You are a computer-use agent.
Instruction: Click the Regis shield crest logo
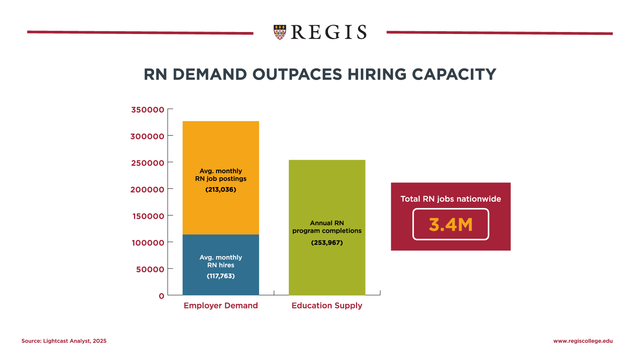click(280, 32)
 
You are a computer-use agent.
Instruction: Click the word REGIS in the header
click(328, 32)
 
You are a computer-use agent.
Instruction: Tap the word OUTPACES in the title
click(297, 74)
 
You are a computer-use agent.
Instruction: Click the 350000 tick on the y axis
click(148, 110)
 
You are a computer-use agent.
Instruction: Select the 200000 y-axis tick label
click(147, 190)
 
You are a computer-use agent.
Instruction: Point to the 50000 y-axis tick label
click(150, 270)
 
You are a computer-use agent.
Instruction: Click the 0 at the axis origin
click(162, 296)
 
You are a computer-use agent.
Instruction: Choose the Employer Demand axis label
click(221, 306)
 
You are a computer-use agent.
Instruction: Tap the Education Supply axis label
click(327, 306)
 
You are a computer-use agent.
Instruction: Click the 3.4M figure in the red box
click(450, 224)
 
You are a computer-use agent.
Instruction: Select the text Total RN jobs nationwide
click(450, 199)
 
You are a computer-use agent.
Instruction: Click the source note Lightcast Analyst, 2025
click(64, 341)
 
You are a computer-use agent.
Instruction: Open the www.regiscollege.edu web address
click(583, 341)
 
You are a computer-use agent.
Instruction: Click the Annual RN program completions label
click(327, 227)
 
